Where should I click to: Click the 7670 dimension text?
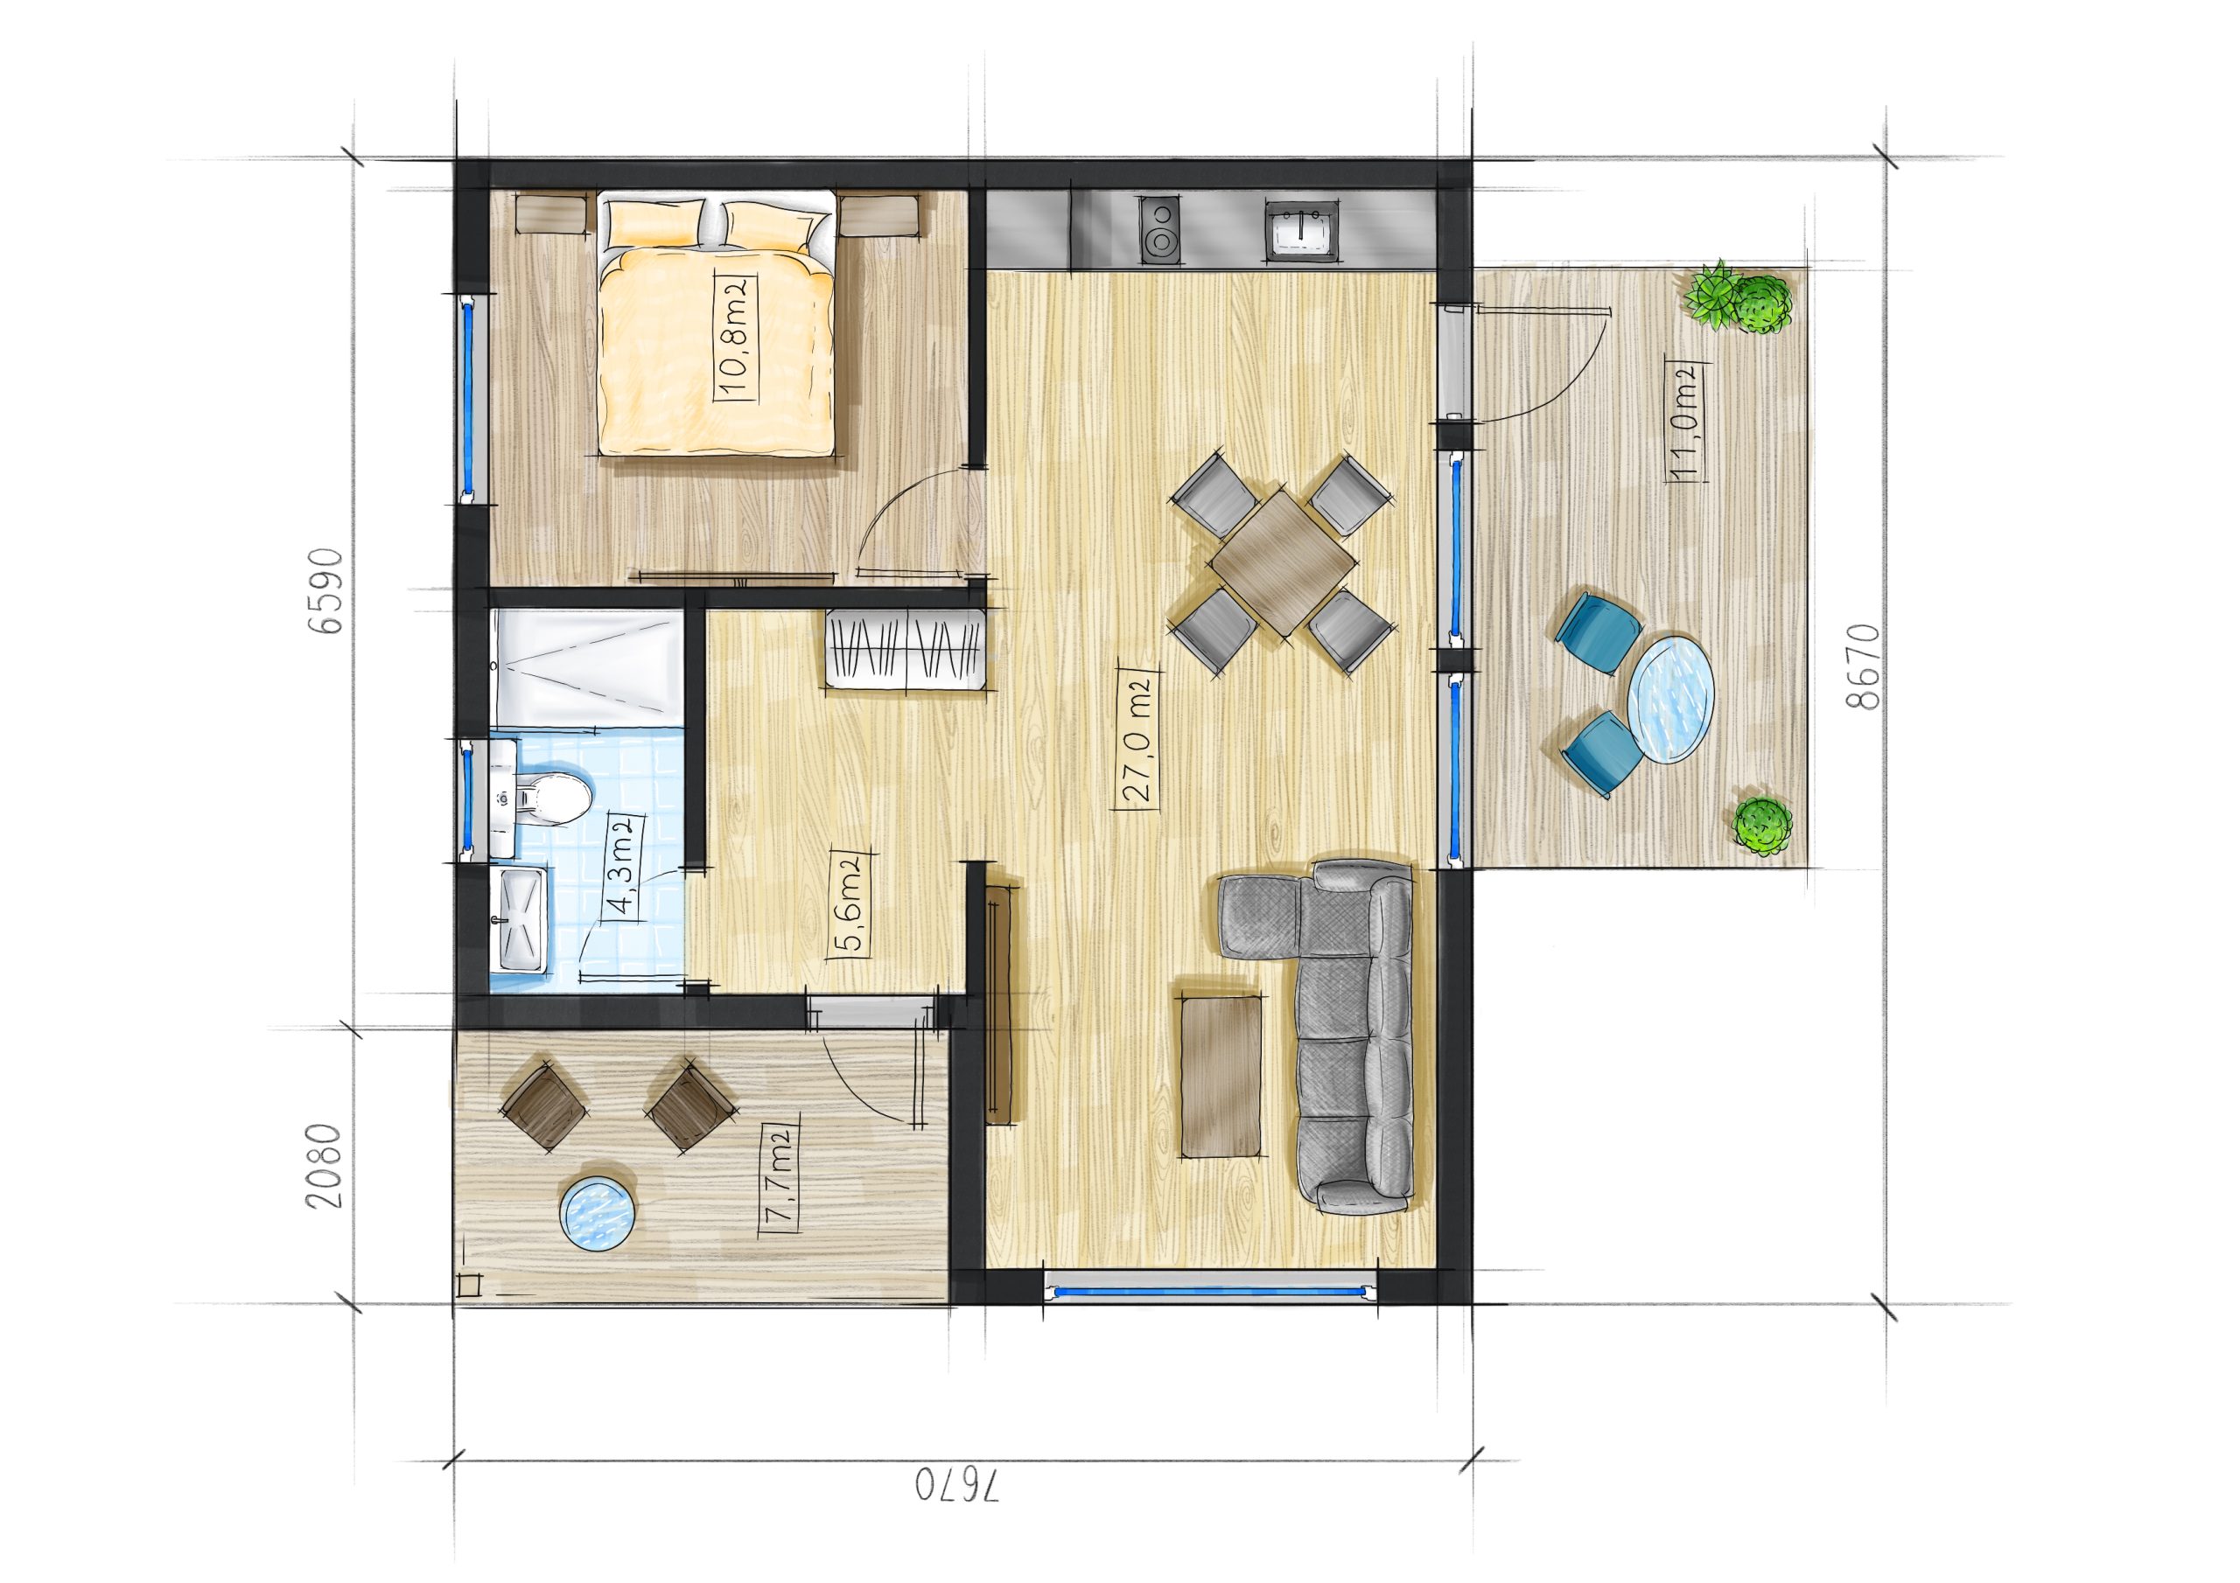pyautogui.click(x=958, y=1513)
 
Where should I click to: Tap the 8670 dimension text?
pyautogui.click(x=1861, y=666)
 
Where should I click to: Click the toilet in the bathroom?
pyautogui.click(x=551, y=798)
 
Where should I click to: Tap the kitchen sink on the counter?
pyautogui.click(x=1301, y=230)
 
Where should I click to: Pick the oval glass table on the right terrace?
pyautogui.click(x=1672, y=698)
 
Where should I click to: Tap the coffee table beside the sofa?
pyautogui.click(x=1220, y=1075)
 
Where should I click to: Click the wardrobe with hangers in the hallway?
pyautogui.click(x=905, y=648)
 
